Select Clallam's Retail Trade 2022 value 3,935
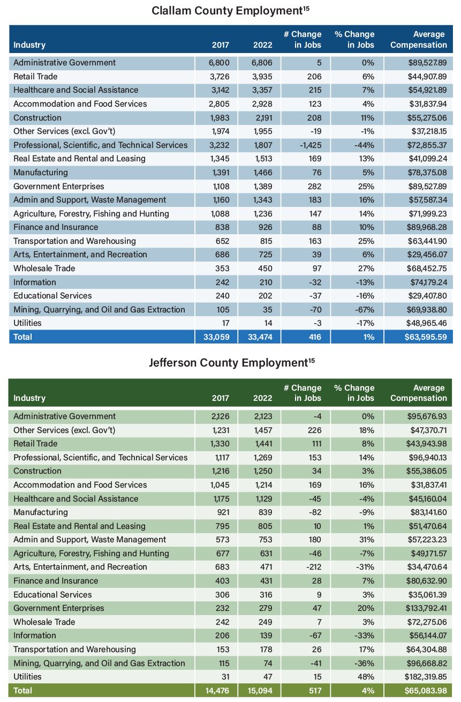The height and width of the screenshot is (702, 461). tap(262, 76)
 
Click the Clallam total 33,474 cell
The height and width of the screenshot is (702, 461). tap(262, 337)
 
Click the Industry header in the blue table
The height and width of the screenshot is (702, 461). tap(29, 45)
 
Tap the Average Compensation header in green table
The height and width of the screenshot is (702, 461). tap(419, 393)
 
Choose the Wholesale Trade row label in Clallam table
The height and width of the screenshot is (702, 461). tap(44, 268)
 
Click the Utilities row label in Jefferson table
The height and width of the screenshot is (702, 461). tap(27, 677)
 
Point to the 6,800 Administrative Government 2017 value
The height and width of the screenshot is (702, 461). tap(219, 62)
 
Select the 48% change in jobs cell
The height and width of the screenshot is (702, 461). tap(365, 677)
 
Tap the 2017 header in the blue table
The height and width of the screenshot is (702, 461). tap(221, 45)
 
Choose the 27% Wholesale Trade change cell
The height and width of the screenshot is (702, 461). tap(365, 268)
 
